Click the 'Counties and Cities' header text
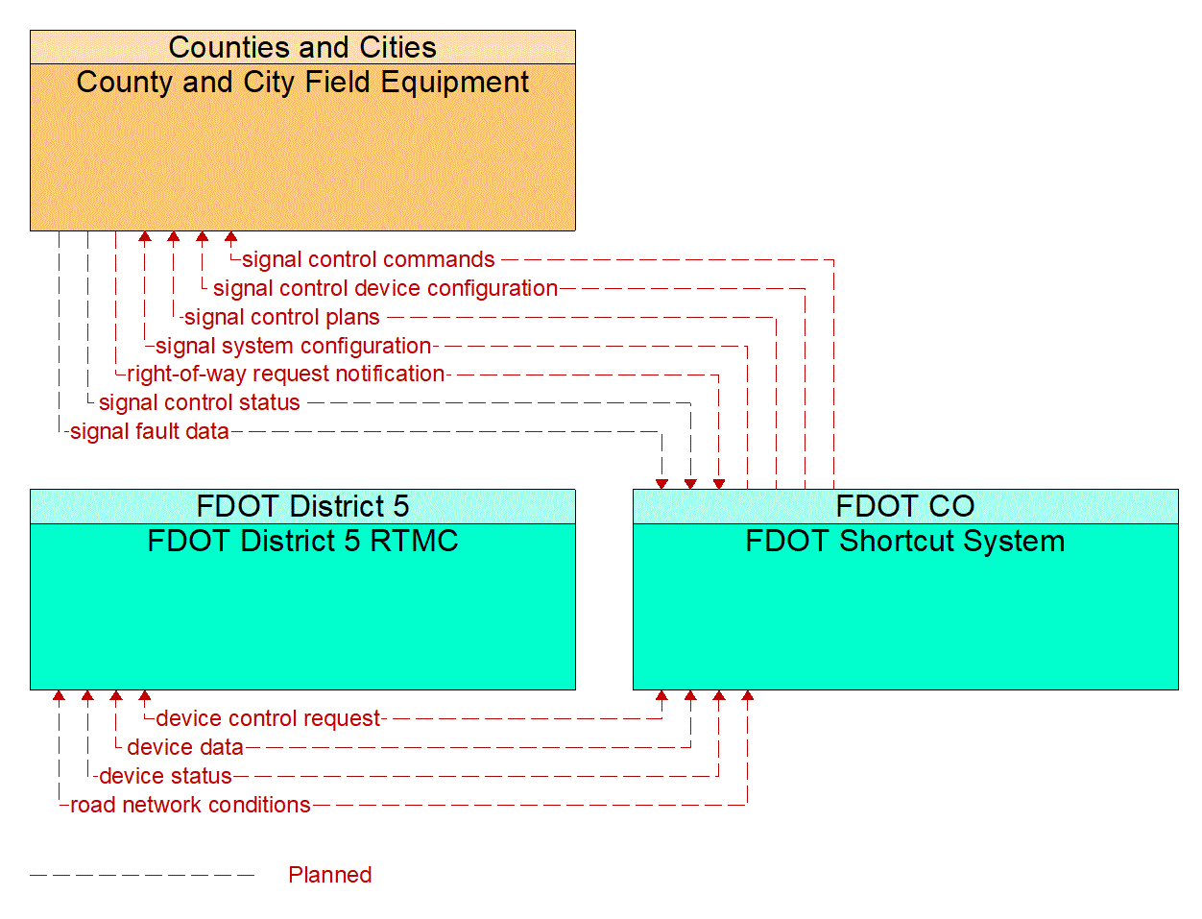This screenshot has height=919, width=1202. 302,47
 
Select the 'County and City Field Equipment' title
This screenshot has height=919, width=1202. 302,83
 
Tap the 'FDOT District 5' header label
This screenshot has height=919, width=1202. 302,506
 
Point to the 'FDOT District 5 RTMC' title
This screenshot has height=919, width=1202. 302,542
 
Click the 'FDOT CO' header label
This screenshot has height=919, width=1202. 904,506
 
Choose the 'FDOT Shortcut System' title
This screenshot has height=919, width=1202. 904,542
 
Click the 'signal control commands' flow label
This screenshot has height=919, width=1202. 368,259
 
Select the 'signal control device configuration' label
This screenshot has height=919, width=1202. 385,288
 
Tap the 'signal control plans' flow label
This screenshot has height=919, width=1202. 281,317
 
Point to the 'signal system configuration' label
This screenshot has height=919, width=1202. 293,346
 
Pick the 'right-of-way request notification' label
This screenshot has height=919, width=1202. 286,374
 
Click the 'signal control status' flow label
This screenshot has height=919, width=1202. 199,402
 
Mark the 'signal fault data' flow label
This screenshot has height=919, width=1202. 150,431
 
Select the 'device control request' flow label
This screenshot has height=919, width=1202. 268,718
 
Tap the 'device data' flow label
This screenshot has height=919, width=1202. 185,747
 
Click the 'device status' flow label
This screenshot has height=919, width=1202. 165,776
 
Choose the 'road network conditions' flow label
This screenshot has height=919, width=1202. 190,805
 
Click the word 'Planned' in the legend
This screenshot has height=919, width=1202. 329,875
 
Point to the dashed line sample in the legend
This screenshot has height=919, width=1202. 142,875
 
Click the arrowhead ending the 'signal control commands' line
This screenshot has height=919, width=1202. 230,237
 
